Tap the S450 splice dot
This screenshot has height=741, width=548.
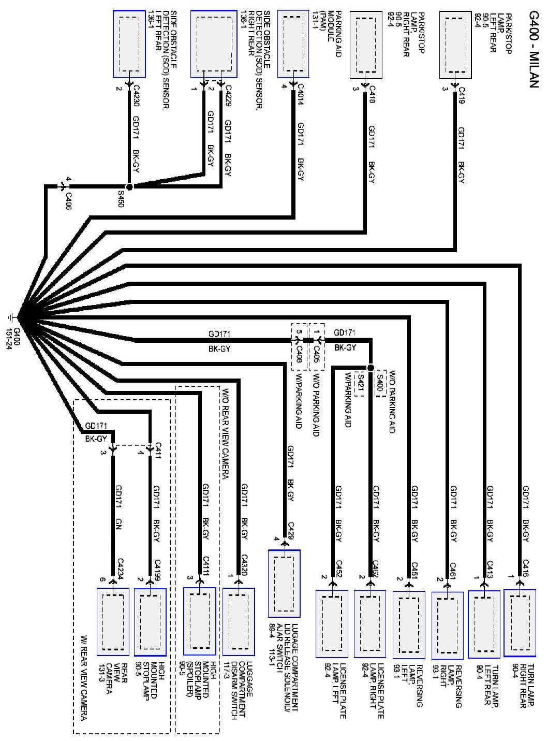coord(129,186)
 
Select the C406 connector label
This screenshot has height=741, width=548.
coord(68,201)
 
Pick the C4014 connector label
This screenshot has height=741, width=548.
coord(300,95)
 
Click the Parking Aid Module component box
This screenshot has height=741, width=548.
coord(297,44)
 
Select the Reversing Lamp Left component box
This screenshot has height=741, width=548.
coord(409,623)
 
